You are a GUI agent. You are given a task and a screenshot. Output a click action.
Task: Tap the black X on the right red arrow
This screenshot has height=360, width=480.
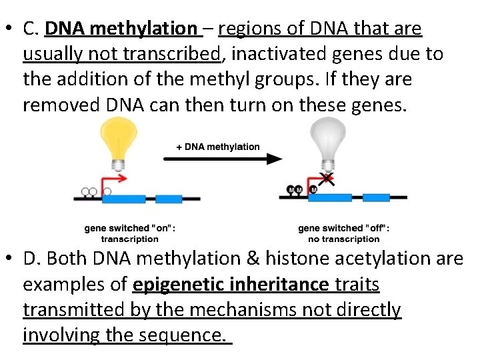[327, 178]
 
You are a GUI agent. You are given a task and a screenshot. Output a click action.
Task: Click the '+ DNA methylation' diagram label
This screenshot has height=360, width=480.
[218, 147]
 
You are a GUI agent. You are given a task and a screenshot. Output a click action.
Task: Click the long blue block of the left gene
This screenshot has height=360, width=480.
[123, 199]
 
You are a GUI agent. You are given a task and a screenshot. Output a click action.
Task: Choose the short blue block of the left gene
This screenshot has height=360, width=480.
[169, 199]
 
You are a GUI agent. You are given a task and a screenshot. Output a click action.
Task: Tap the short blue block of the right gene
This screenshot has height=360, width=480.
[376, 197]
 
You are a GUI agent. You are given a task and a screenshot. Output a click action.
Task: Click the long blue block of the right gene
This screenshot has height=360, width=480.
[331, 197]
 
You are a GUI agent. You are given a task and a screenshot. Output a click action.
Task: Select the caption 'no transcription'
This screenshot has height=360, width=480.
[343, 239]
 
